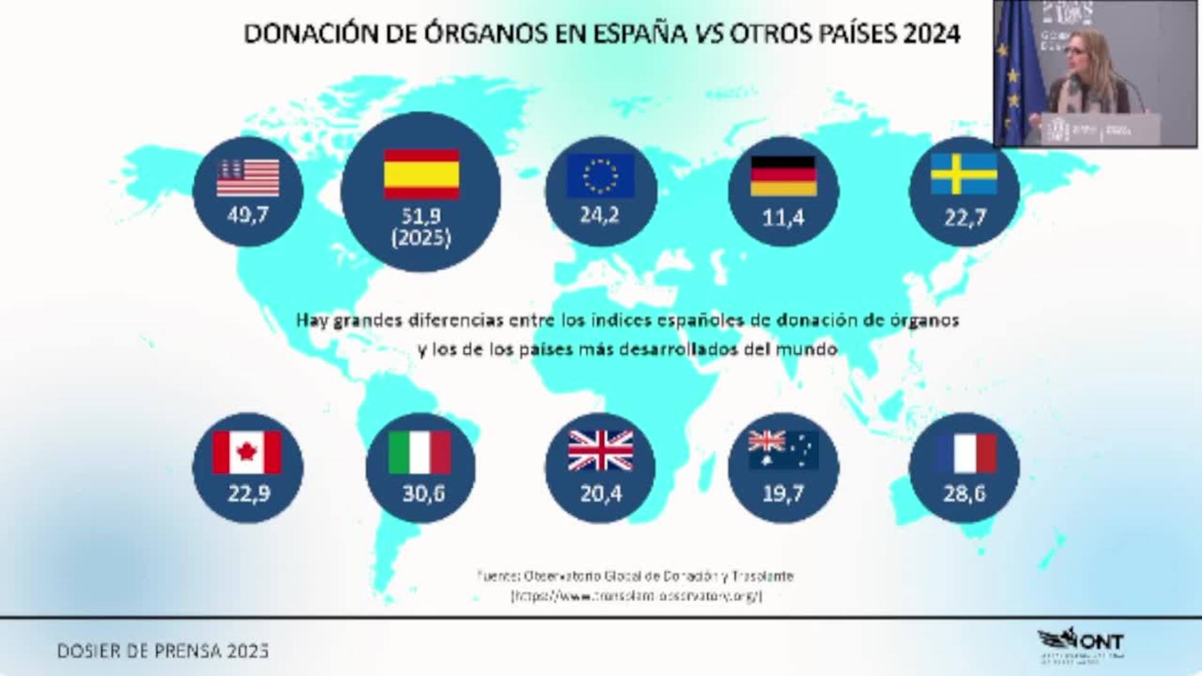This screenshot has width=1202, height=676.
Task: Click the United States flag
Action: click(x=248, y=178)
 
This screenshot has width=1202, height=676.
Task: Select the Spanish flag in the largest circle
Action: click(x=421, y=174)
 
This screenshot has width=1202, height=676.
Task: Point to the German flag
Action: click(x=783, y=176)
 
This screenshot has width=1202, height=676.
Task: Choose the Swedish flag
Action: click(x=964, y=175)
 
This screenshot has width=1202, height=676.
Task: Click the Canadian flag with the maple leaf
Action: click(x=247, y=452)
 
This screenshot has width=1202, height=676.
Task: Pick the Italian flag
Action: click(x=419, y=452)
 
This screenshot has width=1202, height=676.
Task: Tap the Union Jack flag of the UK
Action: click(x=600, y=451)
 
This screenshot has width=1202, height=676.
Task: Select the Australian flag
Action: click(x=783, y=449)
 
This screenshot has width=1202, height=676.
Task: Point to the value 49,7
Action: click(x=248, y=215)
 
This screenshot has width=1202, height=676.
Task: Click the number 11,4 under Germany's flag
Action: click(x=783, y=218)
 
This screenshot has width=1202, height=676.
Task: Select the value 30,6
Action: click(x=423, y=494)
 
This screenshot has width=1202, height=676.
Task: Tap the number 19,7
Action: click(x=783, y=494)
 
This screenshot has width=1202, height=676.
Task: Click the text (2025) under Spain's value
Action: click(x=421, y=238)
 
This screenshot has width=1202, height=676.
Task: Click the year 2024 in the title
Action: click(x=932, y=34)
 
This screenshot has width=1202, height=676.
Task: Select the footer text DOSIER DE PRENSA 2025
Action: click(x=163, y=651)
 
